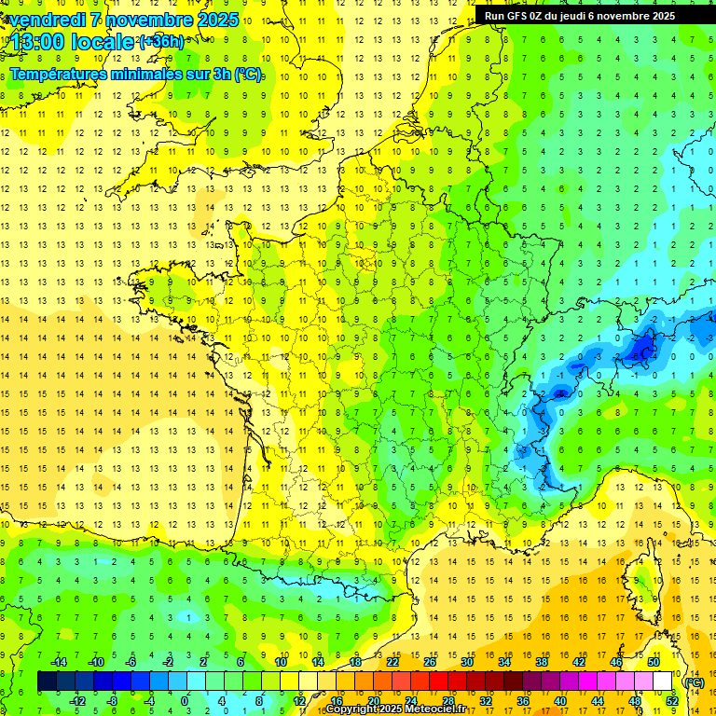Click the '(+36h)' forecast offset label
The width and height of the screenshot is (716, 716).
pos(161,42)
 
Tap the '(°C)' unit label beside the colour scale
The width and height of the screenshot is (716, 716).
pos(694,682)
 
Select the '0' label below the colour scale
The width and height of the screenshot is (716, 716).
pos(185,700)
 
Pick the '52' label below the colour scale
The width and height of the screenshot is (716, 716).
pos(672,700)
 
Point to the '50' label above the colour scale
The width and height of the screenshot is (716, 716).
pos(654,662)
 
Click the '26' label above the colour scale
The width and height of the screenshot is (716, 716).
pos(430,662)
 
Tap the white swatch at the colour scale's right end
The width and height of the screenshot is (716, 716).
pos(663,682)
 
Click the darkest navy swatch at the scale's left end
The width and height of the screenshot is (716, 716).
pos(47,682)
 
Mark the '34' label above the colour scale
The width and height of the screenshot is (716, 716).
pos(504,662)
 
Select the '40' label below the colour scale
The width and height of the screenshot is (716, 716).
pos(560,700)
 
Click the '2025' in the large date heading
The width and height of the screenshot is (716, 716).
pos(213,20)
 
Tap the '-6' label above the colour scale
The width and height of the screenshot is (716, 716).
pos(131,662)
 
